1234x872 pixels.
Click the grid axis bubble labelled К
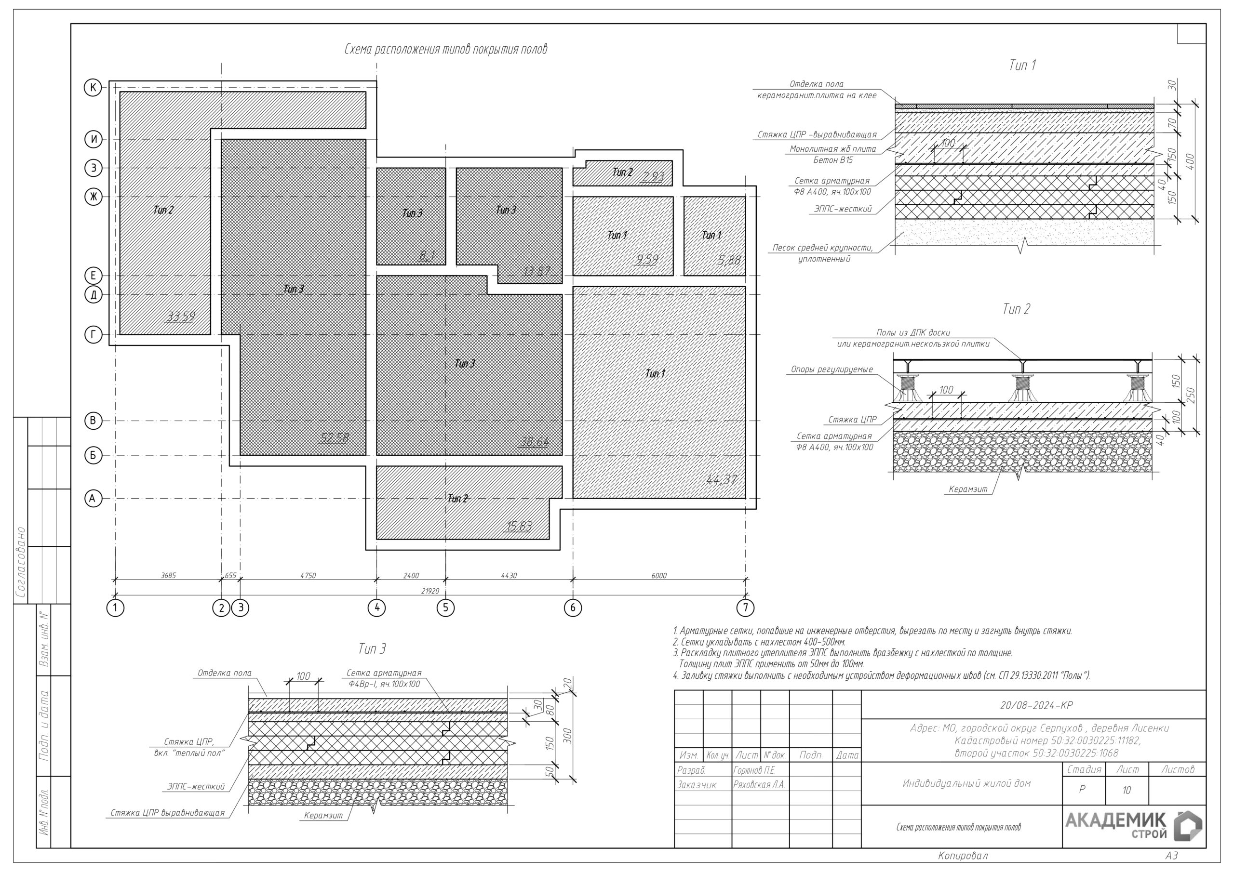pos(93,88)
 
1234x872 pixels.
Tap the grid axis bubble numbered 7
pos(745,608)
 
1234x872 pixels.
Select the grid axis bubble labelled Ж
pos(93,197)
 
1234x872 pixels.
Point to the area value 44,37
pos(721,479)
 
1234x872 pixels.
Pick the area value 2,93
pos(653,177)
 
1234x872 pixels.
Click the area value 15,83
pos(519,526)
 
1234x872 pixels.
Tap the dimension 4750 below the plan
pos(308,575)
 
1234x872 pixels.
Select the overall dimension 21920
pos(430,591)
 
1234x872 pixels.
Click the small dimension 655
pos(230,575)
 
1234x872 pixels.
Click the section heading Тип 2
pos(1016,309)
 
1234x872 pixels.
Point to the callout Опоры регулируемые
pos(832,370)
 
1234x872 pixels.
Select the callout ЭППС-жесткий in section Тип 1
pos(843,209)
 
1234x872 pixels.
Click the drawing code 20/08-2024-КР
pos(1036,705)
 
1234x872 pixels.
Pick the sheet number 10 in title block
pos(1126,790)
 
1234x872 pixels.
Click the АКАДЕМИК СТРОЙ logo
pos(1133,826)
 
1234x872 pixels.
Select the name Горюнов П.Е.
pos(754,770)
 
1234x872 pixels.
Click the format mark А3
pos(1171,855)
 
